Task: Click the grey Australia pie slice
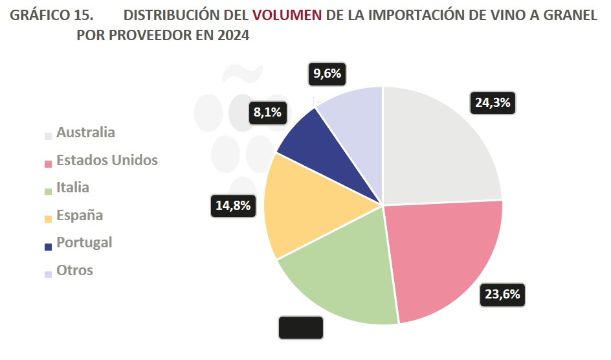[x=440, y=149]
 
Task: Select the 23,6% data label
[x=503, y=295]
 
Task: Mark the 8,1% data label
[x=267, y=113]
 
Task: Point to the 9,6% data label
[x=327, y=73]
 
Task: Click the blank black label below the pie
[x=300, y=328]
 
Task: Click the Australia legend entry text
[x=85, y=133]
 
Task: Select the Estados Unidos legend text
[x=107, y=160]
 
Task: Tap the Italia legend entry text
[x=72, y=188]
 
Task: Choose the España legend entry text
[x=80, y=215]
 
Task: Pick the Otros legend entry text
[x=74, y=270]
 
